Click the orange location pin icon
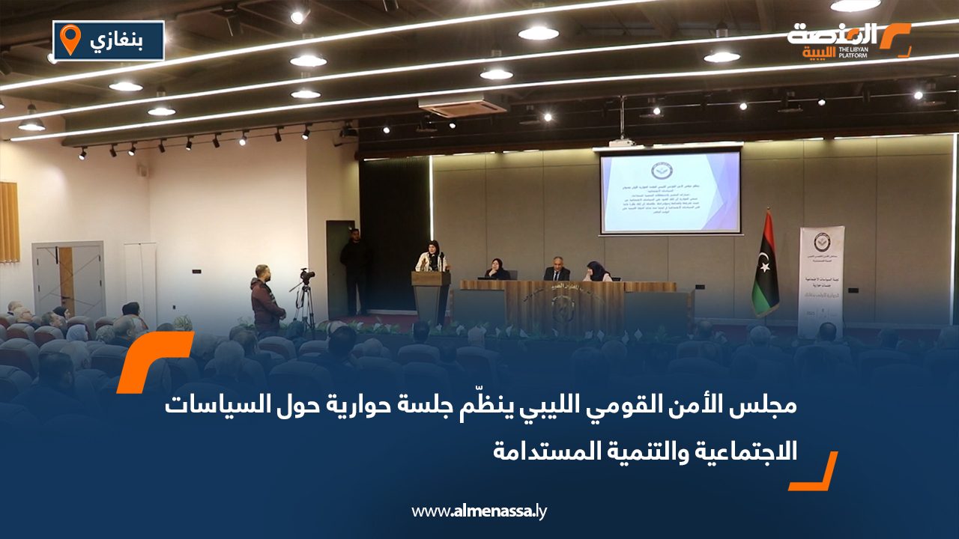tap(70, 39)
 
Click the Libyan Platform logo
tap(849, 40)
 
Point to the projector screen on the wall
tap(670, 192)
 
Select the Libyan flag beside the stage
tap(765, 266)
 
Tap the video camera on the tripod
tap(306, 275)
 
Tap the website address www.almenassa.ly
tap(479, 511)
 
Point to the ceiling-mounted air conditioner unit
tap(452, 106)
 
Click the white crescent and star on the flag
tap(764, 263)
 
